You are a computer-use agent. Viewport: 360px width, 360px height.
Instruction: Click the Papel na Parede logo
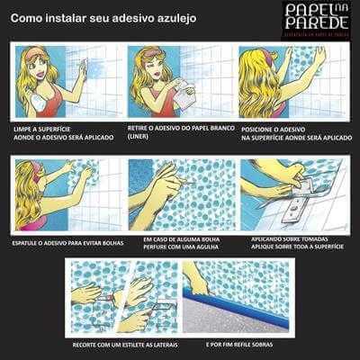tap(312, 19)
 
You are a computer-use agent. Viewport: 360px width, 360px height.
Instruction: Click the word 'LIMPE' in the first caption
tap(23, 130)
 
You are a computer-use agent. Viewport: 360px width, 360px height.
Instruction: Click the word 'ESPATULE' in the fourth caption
tap(29, 241)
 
